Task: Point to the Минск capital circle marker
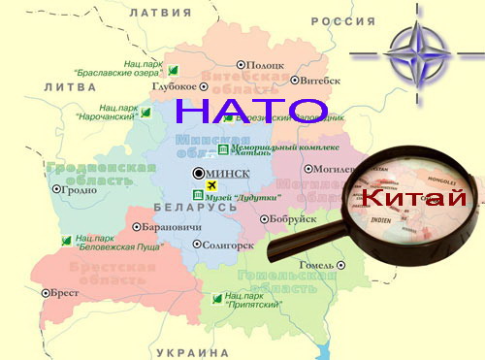click(200, 174)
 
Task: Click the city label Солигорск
click(231, 245)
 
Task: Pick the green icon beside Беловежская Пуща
click(66, 240)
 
